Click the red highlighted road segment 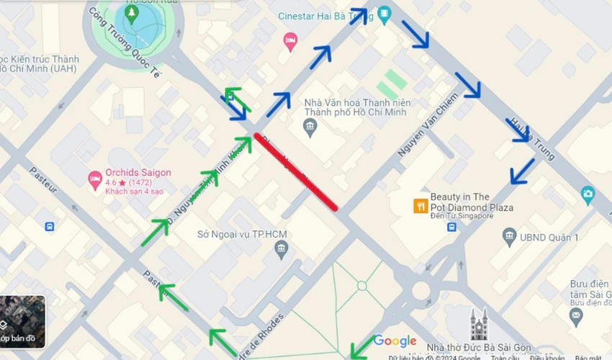click(x=295, y=171)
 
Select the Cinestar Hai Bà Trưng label click(x=324, y=17)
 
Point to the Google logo click(x=395, y=341)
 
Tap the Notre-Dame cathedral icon click(x=479, y=325)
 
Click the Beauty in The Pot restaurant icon click(x=420, y=207)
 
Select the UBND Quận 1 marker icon click(x=510, y=237)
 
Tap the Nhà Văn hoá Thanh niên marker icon click(x=310, y=129)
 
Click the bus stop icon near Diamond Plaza click(x=451, y=227)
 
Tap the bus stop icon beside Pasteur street click(x=49, y=226)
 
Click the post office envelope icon click(x=575, y=315)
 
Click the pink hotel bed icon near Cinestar click(x=290, y=40)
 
